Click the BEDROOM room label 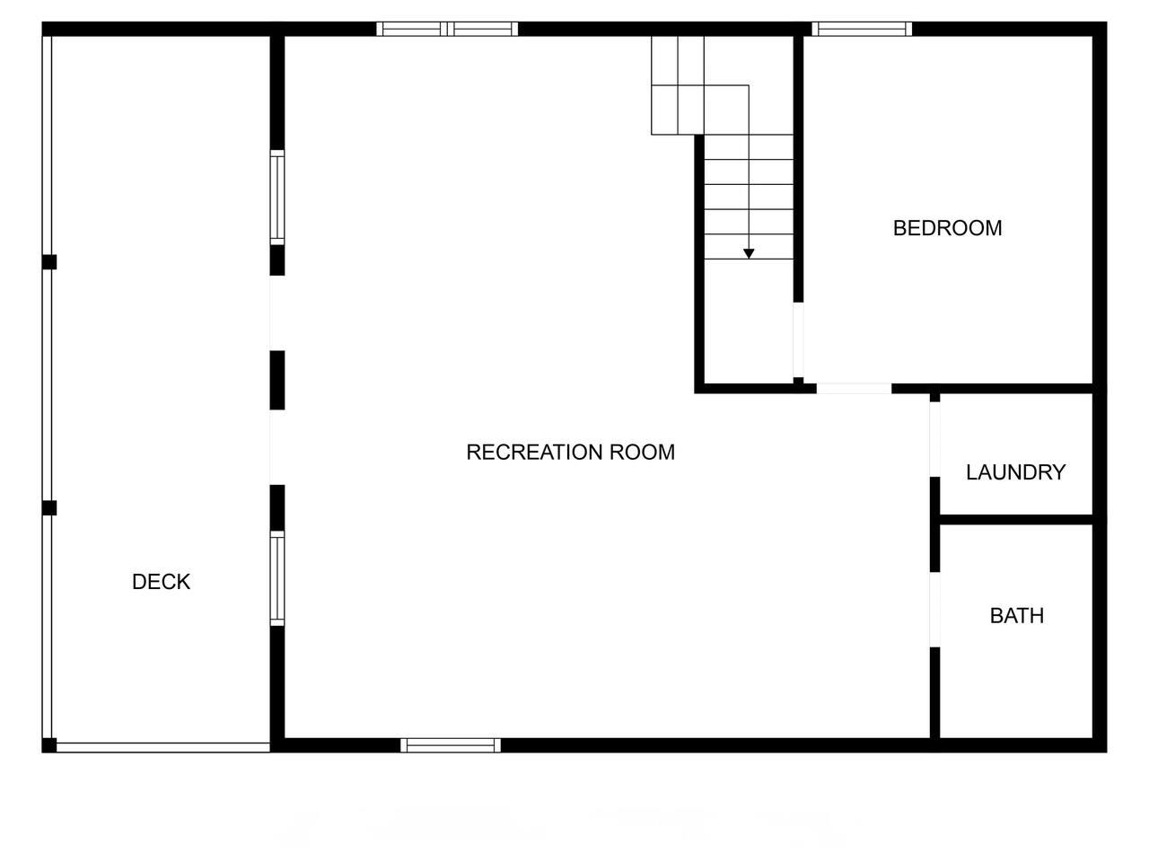pos(947,228)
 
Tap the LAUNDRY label pos(1015,472)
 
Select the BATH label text pos(1016,615)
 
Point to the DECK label pos(161,582)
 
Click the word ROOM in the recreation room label pos(643,453)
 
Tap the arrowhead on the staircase pos(749,254)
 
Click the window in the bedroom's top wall pos(862,29)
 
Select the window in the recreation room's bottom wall pos(451,745)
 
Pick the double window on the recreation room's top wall pos(447,29)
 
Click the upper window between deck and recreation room pos(277,198)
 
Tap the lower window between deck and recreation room pos(277,578)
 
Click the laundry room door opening pos(934,439)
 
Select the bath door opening pos(934,610)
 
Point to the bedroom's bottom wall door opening pos(854,388)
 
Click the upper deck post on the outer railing pos(49,262)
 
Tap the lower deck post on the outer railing pos(49,507)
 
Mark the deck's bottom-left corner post pos(49,745)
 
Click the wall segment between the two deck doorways pos(277,381)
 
